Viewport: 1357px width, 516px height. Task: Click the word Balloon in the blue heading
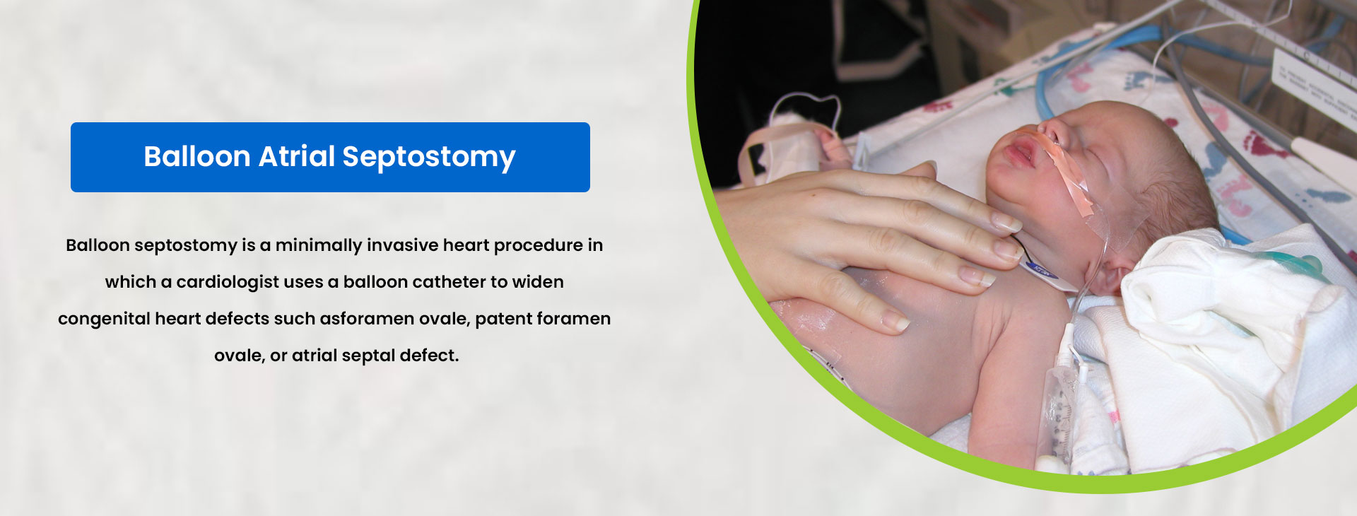pos(197,156)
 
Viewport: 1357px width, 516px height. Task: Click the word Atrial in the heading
pos(297,156)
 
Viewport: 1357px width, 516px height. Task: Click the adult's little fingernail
pos(895,322)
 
